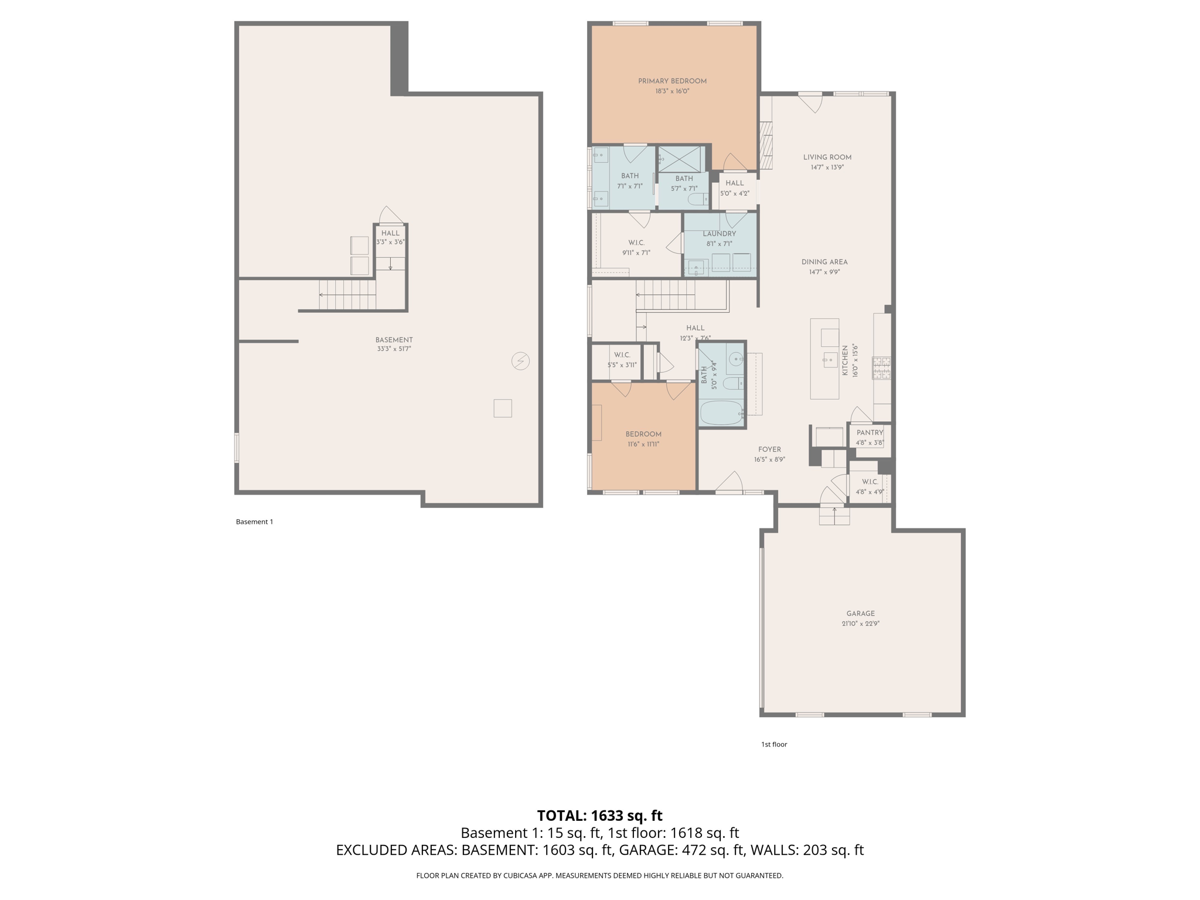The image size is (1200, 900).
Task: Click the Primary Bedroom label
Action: click(672, 81)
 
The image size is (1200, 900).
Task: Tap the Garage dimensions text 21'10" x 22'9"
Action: click(860, 623)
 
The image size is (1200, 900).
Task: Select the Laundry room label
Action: click(719, 234)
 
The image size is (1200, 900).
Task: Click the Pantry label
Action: click(870, 432)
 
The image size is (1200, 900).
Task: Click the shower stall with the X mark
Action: click(680, 159)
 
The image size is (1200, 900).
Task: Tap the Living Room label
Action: click(827, 157)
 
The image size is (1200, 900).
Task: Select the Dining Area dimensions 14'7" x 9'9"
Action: click(824, 272)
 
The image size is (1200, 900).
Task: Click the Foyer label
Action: click(769, 449)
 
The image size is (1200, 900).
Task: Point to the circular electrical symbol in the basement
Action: click(520, 361)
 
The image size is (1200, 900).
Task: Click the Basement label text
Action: click(394, 340)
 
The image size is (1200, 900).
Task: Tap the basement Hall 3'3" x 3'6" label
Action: click(390, 237)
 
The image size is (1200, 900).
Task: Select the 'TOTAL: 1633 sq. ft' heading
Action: click(599, 816)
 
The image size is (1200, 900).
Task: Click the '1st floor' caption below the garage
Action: click(773, 744)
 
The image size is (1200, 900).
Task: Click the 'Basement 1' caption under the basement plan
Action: click(254, 521)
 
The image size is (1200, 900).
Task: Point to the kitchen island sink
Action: click(830, 359)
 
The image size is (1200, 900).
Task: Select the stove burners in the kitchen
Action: click(882, 368)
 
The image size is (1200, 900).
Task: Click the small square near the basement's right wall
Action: click(503, 408)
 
